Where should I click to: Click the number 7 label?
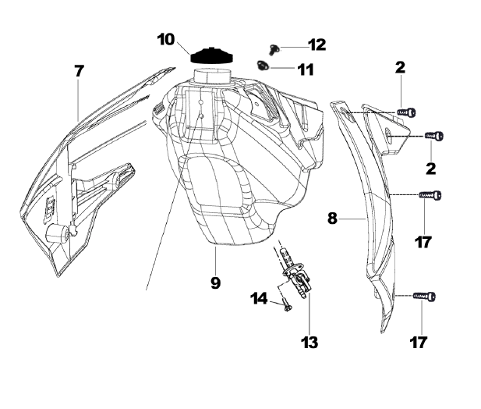79,70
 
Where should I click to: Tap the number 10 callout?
166,39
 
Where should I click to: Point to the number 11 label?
305,69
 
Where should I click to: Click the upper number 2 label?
400,69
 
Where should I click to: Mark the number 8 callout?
332,219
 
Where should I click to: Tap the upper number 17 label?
423,243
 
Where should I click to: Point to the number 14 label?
259,298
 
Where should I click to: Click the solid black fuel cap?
213,56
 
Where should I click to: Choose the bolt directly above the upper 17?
432,194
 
